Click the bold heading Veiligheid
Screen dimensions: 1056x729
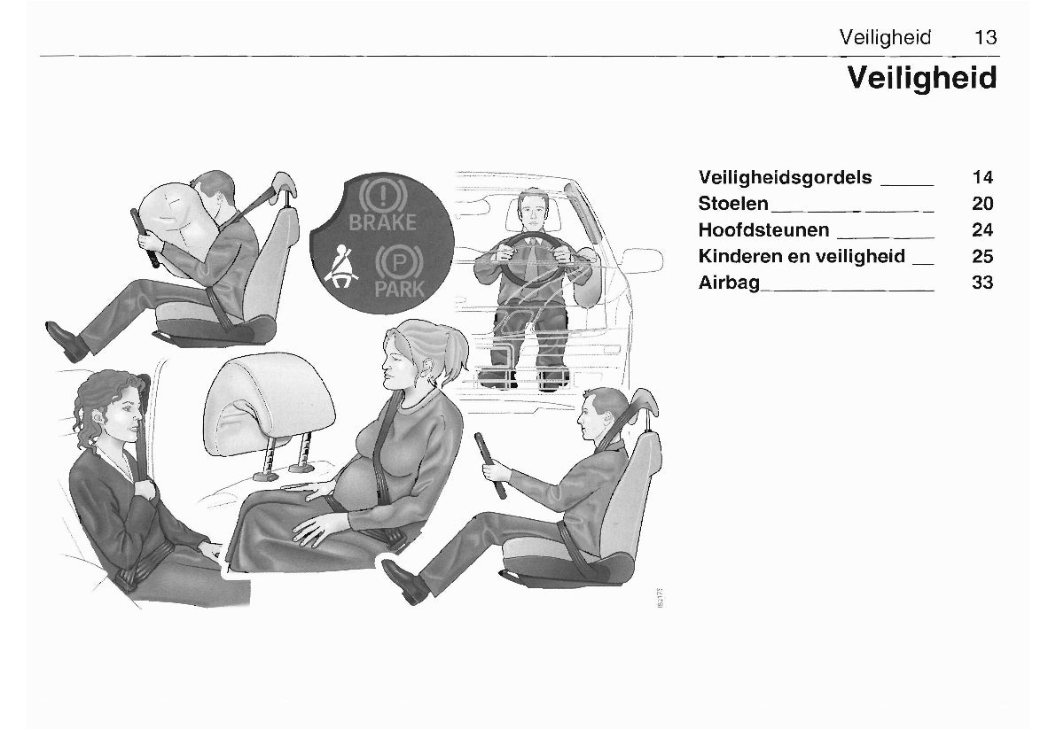[922, 77]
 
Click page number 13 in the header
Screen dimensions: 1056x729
[985, 37]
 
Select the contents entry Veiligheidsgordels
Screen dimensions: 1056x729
[785, 177]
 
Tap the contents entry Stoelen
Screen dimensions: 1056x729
[732, 203]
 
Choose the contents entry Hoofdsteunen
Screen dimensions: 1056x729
[763, 230]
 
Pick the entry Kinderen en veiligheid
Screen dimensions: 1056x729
[802, 256]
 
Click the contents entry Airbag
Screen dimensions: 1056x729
[729, 283]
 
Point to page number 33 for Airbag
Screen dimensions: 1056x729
[982, 283]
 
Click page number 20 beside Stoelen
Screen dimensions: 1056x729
[982, 203]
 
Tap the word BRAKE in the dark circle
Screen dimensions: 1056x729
[382, 221]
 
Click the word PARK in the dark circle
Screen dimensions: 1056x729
[399, 289]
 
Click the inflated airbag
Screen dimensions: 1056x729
[172, 218]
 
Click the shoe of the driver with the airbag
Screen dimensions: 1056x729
[66, 340]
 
